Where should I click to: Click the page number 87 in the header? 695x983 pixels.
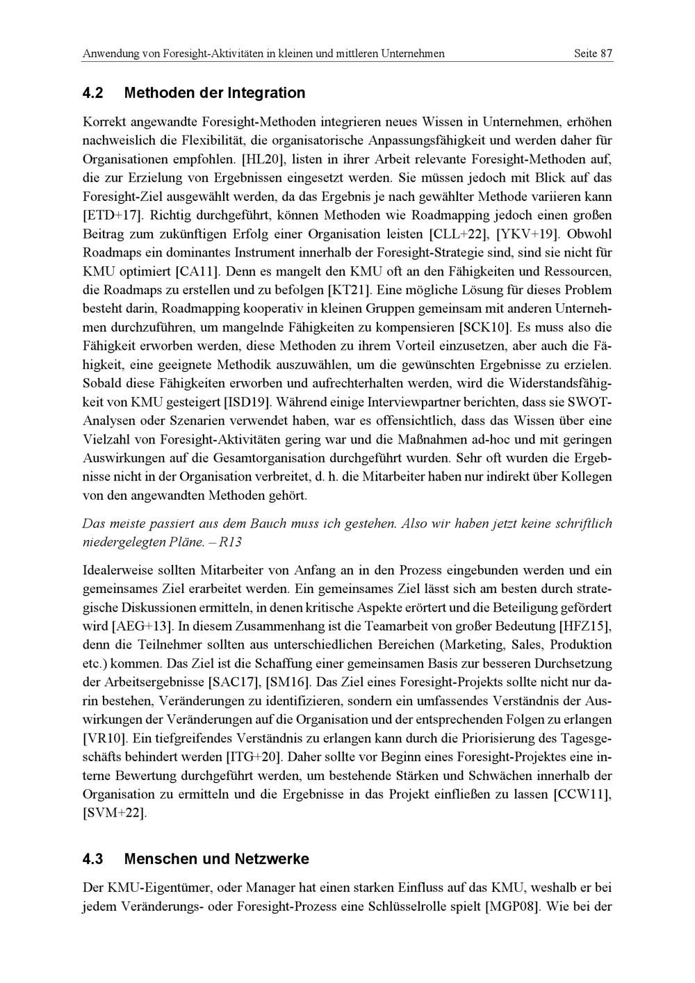click(606, 54)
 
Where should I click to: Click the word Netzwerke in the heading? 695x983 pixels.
click(272, 859)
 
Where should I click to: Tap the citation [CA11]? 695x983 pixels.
click(199, 271)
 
